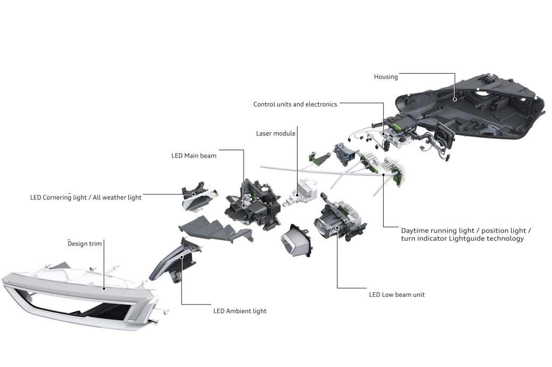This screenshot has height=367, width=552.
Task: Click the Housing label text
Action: [x=386, y=77]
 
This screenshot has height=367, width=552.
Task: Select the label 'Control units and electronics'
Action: [x=295, y=104]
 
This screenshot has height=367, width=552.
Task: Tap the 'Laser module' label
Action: [x=275, y=133]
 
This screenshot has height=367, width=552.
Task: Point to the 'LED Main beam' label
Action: [x=194, y=156]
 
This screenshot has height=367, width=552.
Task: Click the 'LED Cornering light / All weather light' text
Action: [x=86, y=197]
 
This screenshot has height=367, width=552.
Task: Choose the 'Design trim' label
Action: [x=85, y=244]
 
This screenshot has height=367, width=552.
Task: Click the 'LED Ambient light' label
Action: [x=240, y=311]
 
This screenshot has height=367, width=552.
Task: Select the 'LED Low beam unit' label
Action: [x=397, y=295]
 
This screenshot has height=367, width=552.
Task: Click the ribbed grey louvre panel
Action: [x=215, y=229]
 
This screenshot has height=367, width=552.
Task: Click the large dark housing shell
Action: [x=470, y=105]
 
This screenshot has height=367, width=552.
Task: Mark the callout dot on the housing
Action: [x=455, y=100]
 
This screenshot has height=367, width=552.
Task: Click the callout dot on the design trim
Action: [x=104, y=289]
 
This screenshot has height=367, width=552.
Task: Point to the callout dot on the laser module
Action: [x=297, y=195]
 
